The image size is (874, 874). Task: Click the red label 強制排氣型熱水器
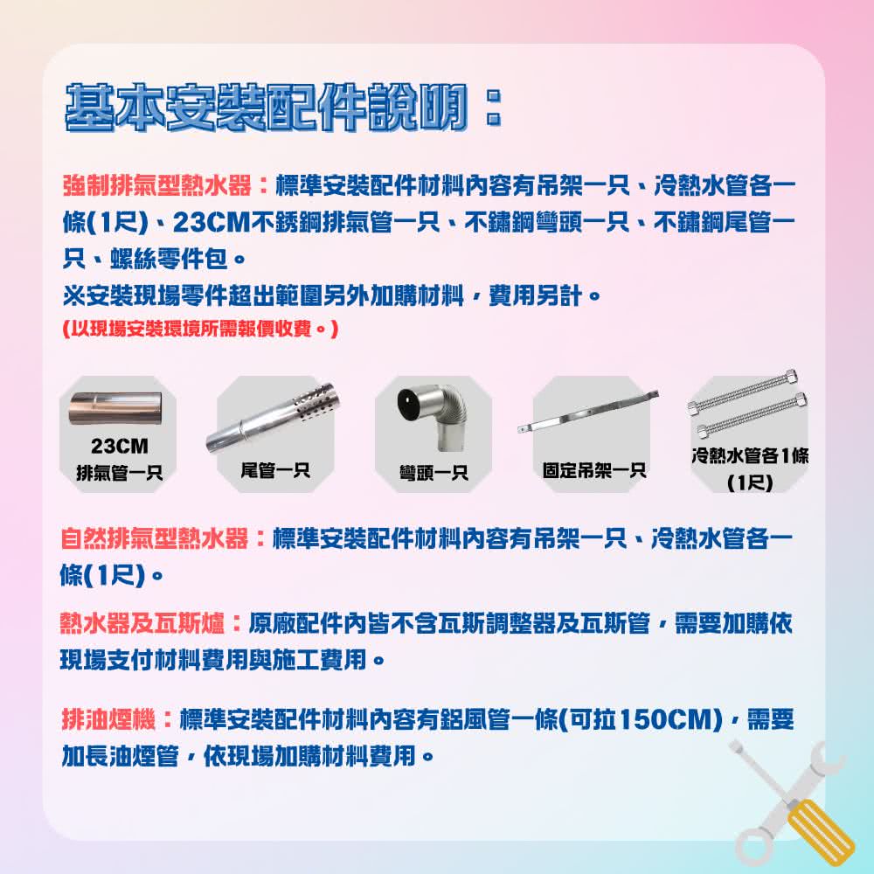tap(158, 186)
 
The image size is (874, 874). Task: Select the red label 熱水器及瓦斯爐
tap(144, 623)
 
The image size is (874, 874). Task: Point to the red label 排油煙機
tap(108, 719)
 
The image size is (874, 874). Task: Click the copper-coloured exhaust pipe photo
tap(117, 407)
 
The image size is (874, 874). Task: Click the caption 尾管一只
tap(275, 471)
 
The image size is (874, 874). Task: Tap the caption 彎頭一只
tap(434, 474)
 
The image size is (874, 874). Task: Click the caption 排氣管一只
tap(119, 475)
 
